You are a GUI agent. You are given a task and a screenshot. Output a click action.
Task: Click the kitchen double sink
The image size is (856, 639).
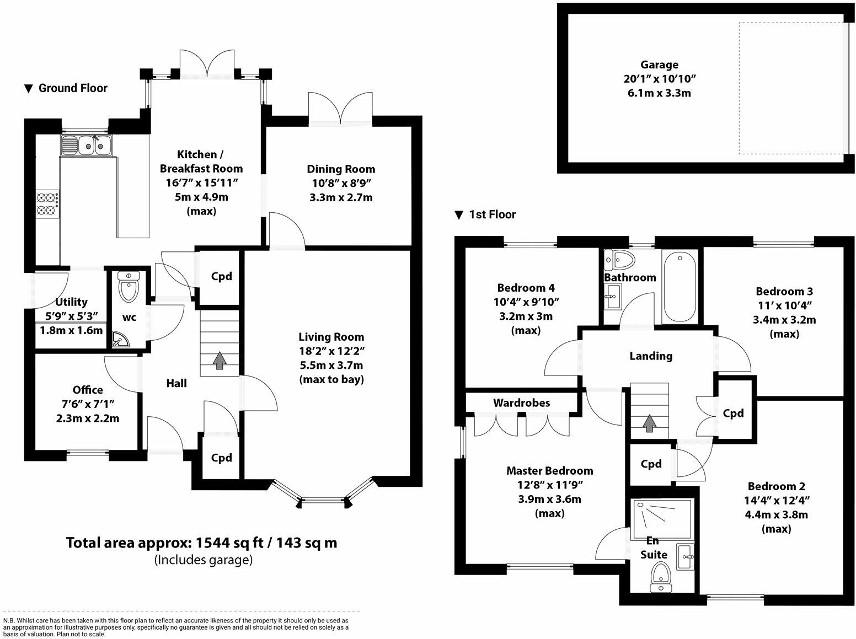pyautogui.click(x=86, y=145)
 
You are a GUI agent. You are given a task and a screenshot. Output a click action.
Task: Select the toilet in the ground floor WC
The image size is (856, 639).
pyautogui.click(x=129, y=287)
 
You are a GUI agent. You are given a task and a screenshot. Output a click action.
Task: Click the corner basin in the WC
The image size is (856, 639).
pyautogui.click(x=120, y=339)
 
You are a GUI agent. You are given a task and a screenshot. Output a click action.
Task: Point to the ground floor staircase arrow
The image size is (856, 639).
pyautogui.click(x=219, y=360)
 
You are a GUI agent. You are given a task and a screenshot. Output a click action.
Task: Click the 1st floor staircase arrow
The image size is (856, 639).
pyautogui.click(x=649, y=423)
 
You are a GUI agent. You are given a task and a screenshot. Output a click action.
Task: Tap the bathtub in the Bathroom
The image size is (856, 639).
pyautogui.click(x=680, y=287)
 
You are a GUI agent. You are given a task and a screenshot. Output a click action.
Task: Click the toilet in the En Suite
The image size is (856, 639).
pyautogui.click(x=661, y=578)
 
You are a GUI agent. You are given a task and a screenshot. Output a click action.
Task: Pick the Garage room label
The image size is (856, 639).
pyautogui.click(x=659, y=65)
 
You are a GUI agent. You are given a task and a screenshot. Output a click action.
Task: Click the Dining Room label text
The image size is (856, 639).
pyautogui.click(x=341, y=169)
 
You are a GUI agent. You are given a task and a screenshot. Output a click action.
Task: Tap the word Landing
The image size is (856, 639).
pyautogui.click(x=651, y=356)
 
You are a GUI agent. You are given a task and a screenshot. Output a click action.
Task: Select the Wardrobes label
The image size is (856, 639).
pyautogui.click(x=521, y=402)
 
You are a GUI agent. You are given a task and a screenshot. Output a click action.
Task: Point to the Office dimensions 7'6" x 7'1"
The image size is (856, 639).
pyautogui.click(x=88, y=404)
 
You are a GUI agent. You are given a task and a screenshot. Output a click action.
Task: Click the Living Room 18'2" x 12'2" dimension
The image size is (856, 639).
pyautogui.click(x=331, y=351)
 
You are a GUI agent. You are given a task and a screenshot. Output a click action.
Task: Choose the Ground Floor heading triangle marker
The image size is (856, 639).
pyautogui.click(x=28, y=89)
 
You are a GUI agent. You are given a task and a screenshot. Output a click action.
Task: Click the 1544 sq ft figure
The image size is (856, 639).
pyautogui.click(x=229, y=543)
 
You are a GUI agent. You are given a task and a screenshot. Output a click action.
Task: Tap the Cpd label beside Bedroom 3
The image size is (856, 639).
pyautogui.click(x=733, y=414)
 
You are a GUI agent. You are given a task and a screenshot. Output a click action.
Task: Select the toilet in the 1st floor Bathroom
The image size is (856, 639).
pyautogui.click(x=620, y=260)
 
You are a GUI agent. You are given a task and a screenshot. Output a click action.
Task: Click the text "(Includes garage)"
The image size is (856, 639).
pyautogui.click(x=204, y=560)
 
